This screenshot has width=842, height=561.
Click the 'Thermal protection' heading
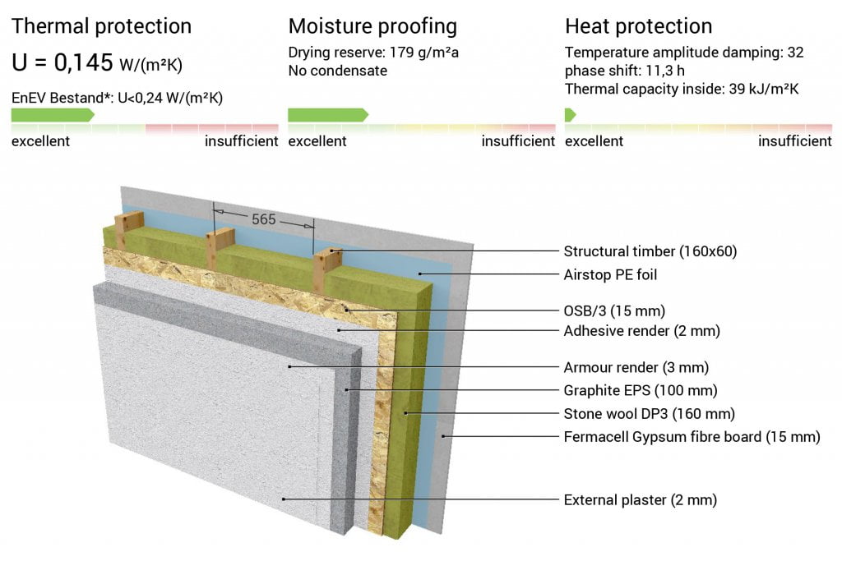click(x=101, y=26)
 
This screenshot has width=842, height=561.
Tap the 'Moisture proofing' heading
click(x=372, y=26)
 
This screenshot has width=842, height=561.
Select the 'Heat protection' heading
click(x=638, y=26)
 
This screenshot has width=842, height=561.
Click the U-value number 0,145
click(x=83, y=62)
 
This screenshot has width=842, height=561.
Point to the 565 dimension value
click(x=264, y=219)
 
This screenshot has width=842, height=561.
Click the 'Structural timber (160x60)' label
click(x=650, y=251)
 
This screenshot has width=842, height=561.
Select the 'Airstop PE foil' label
click(x=610, y=274)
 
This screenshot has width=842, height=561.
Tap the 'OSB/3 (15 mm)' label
click(x=614, y=311)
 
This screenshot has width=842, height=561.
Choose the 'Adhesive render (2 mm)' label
click(x=641, y=331)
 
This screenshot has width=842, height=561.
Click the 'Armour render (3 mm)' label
click(x=636, y=367)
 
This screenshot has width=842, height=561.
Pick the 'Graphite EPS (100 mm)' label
click(x=641, y=390)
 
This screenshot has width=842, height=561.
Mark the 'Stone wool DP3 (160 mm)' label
click(x=650, y=413)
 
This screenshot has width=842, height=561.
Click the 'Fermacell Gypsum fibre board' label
click(x=663, y=437)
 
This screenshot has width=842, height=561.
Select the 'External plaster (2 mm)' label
click(x=640, y=500)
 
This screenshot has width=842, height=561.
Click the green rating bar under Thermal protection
click(x=53, y=115)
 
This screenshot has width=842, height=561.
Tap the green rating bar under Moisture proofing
click(x=328, y=115)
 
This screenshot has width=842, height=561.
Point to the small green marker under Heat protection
click(x=571, y=115)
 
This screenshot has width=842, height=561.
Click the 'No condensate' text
click(x=338, y=71)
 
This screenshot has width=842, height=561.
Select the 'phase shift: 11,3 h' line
click(x=625, y=71)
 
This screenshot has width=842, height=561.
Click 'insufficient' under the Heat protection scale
click(x=795, y=141)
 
